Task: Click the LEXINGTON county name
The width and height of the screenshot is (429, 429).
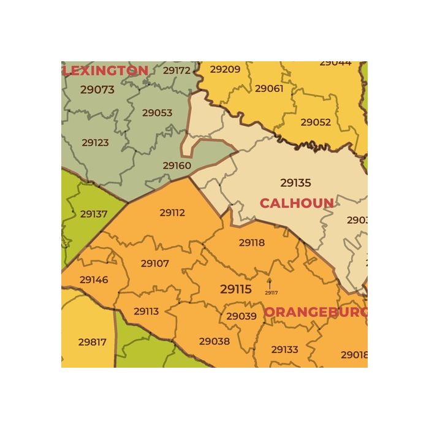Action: click(x=106, y=70)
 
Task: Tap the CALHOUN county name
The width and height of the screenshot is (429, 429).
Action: click(x=297, y=203)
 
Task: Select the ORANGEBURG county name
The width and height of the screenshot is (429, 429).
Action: click(x=316, y=312)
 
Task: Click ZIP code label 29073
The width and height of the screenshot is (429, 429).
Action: click(x=97, y=89)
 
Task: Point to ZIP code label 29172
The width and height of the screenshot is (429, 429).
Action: click(x=177, y=70)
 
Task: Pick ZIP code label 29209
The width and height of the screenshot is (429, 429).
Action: click(x=225, y=69)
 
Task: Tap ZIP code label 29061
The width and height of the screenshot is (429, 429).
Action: click(x=269, y=89)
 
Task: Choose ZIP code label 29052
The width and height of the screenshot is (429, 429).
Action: click(x=316, y=122)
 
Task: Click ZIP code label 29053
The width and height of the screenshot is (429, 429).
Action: click(x=158, y=113)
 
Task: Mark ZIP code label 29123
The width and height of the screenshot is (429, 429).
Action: click(x=95, y=143)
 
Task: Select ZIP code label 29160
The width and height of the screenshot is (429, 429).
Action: click(x=177, y=165)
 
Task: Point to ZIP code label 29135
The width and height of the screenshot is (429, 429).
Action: click(x=295, y=183)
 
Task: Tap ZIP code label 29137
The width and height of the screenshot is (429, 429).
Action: click(x=94, y=214)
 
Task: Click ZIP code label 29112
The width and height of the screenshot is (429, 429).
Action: click(x=172, y=213)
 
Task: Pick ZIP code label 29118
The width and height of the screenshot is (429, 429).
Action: click(x=252, y=243)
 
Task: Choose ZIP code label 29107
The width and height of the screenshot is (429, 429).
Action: click(x=154, y=264)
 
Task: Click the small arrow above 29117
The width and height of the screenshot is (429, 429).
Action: click(x=269, y=283)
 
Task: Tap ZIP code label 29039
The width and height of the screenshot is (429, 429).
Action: click(x=241, y=316)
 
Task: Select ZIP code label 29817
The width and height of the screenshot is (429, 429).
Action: click(x=93, y=342)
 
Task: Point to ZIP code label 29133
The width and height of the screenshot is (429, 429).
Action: click(x=284, y=349)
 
